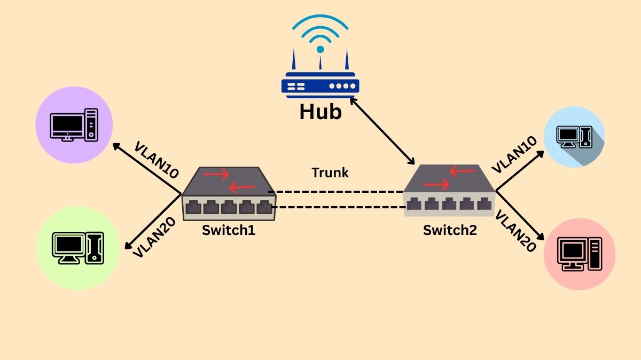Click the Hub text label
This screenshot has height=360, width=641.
point(320,112)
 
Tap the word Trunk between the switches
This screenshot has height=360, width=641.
point(330,173)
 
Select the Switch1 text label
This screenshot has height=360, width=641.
point(229,231)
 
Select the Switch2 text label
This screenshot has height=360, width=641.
point(450,230)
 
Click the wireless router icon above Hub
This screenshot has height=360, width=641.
point(320,80)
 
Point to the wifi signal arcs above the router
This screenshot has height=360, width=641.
point(320,29)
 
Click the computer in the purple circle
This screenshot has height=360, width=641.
point(74,124)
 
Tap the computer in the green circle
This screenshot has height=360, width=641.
point(78,248)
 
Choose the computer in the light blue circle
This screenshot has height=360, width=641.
point(574,137)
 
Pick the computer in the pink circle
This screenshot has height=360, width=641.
point(579,253)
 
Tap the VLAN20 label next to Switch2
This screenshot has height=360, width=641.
point(515,231)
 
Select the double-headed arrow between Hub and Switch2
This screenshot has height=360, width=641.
point(382,131)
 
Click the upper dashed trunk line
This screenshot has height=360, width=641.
point(337,191)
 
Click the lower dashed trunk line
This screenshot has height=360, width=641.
point(337,207)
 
